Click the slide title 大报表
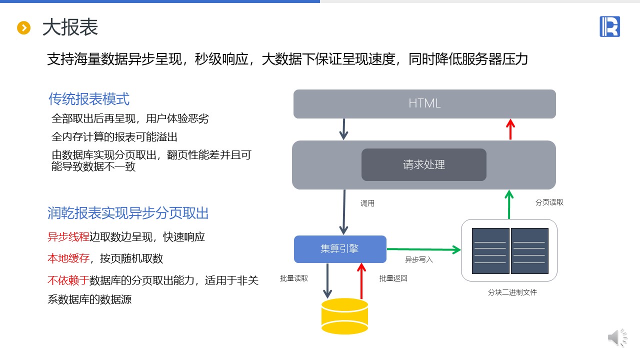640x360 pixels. (x=70, y=27)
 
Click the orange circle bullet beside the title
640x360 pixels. (x=24, y=28)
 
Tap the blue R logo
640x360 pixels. (x=609, y=26)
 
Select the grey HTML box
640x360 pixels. (x=424, y=104)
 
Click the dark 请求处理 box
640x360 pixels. (x=423, y=164)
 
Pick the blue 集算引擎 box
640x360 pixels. (x=340, y=249)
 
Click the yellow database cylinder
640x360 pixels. (x=344, y=316)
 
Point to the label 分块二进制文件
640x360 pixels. (x=512, y=292)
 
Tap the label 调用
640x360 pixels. (x=367, y=203)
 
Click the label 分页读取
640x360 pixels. (x=549, y=202)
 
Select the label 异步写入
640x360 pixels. (x=419, y=260)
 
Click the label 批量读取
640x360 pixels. (x=294, y=278)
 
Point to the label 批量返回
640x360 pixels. (x=393, y=278)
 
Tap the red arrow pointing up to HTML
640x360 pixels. (x=510, y=129)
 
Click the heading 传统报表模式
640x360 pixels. (x=89, y=99)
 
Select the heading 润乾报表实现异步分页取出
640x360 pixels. (x=128, y=213)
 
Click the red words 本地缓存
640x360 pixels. (x=68, y=258)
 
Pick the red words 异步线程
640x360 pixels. (x=68, y=237)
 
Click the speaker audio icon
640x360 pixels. (x=617, y=338)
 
